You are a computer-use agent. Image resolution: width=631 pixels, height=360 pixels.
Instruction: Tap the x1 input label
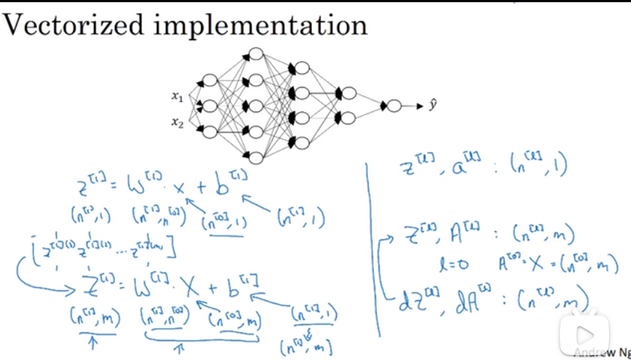[177, 95]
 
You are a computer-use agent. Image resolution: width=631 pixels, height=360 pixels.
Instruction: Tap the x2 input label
[177, 122]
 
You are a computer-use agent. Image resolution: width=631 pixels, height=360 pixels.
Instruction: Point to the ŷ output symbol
[433, 105]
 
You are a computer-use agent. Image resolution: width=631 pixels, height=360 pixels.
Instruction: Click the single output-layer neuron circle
[394, 106]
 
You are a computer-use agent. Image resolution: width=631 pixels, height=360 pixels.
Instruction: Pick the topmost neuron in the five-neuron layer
[254, 54]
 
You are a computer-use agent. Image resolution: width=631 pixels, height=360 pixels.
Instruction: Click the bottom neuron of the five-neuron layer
[254, 158]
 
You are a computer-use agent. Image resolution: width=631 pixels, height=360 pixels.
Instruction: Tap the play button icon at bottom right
[588, 336]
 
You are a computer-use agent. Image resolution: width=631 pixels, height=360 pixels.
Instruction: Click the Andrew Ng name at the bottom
[602, 353]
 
